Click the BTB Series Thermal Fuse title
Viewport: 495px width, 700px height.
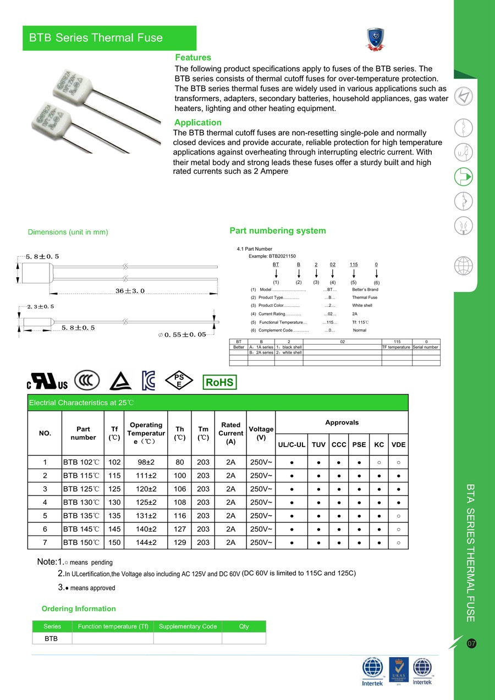(x=96, y=38)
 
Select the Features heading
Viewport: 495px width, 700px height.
(x=193, y=58)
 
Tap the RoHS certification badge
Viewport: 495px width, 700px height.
(x=219, y=382)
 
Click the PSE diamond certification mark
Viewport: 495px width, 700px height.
(x=179, y=381)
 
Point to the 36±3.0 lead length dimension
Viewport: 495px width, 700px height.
(x=130, y=290)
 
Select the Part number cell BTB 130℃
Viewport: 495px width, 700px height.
(x=81, y=502)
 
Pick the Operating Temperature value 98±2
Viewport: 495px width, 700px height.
(x=146, y=462)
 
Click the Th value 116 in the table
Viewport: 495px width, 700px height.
(x=180, y=516)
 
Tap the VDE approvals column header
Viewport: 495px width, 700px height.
(x=398, y=444)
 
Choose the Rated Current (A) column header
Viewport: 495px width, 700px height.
(x=230, y=433)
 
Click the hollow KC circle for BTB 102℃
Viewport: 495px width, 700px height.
(x=379, y=462)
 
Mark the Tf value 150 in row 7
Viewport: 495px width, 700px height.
(x=114, y=542)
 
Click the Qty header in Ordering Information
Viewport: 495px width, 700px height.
(x=244, y=626)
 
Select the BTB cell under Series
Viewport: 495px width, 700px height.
(x=51, y=638)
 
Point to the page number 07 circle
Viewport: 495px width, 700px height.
(x=471, y=643)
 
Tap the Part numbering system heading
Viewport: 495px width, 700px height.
(x=278, y=231)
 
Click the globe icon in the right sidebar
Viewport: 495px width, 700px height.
(x=464, y=266)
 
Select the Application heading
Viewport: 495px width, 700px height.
(x=198, y=123)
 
